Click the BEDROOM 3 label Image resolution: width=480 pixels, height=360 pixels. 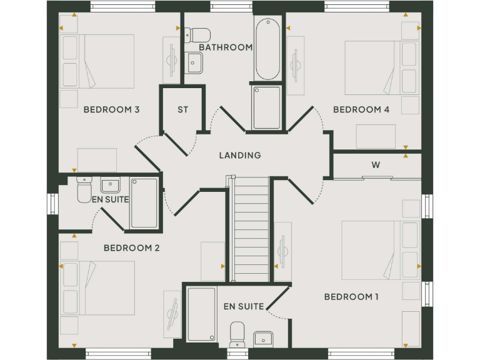click(x=111, y=110)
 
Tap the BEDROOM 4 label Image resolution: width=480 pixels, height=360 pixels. click(x=361, y=110)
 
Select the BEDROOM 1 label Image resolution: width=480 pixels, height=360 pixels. click(x=351, y=296)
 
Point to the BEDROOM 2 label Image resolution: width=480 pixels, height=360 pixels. click(x=131, y=248)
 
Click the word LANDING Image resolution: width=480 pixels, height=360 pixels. click(x=240, y=156)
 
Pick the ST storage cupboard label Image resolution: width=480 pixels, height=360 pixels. click(x=182, y=110)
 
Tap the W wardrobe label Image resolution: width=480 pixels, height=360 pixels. click(x=376, y=166)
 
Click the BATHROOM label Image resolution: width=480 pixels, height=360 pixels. click(x=226, y=47)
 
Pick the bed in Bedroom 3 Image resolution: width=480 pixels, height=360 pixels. click(x=97, y=61)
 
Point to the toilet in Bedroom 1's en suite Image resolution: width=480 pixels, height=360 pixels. click(x=237, y=334)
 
